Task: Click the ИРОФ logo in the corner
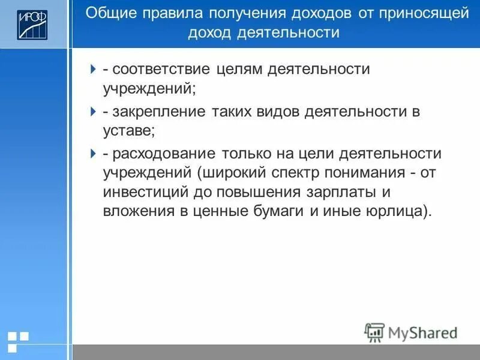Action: point(32,25)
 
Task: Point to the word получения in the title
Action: point(239,13)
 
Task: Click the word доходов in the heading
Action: point(313,13)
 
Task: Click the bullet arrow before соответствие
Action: point(93,69)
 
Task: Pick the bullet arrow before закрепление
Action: point(93,112)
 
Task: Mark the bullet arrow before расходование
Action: point(93,154)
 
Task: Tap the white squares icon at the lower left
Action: point(19,340)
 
